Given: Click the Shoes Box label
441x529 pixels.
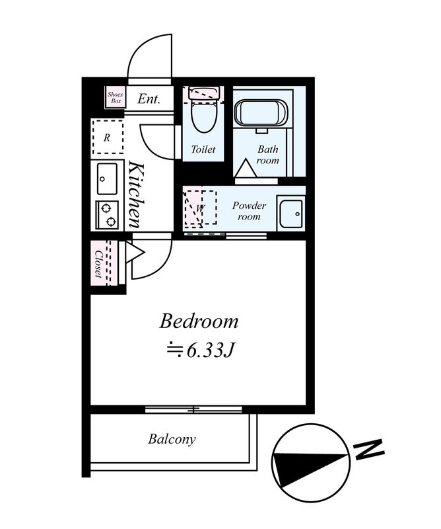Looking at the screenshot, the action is [116, 97].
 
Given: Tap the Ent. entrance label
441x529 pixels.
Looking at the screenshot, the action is [149, 99].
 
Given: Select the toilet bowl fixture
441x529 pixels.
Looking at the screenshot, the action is [204, 111].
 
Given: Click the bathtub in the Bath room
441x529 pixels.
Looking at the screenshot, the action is [261, 113].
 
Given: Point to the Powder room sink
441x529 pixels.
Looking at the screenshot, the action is [291, 213].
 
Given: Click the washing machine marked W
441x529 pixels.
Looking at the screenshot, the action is [200, 208].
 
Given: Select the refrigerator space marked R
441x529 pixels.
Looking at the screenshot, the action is [108, 137].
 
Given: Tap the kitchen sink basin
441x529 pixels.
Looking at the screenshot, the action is [107, 179].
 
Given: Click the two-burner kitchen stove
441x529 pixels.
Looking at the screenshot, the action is [107, 215].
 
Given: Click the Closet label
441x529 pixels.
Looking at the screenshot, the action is [98, 263].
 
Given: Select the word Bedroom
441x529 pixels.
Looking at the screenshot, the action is [199, 321].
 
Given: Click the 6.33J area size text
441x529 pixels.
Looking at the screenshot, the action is [201, 351].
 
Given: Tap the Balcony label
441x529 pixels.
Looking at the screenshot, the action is [172, 439].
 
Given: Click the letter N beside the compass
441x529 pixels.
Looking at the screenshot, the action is [369, 450].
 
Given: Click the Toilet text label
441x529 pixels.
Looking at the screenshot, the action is [203, 149].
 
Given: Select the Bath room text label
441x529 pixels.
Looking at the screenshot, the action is [268, 155].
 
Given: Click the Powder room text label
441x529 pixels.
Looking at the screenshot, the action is [249, 211].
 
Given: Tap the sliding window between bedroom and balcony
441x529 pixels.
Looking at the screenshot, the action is [193, 409].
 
